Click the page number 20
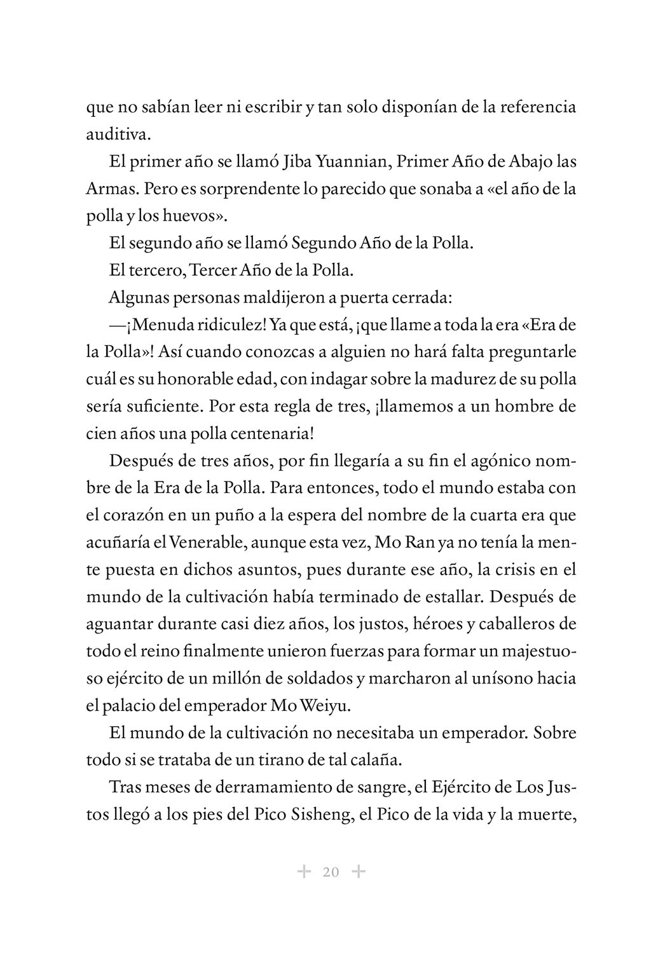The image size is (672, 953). pos(331,872)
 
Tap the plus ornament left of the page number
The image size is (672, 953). pos(305,872)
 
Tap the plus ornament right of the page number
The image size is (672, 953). pos(359,872)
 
